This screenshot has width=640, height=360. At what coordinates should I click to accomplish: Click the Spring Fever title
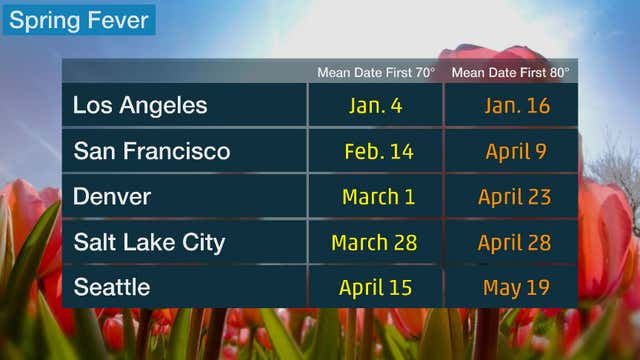click(79, 19)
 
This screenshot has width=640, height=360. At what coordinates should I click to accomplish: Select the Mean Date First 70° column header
click(375, 72)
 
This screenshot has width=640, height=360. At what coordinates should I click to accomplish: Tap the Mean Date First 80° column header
click(510, 72)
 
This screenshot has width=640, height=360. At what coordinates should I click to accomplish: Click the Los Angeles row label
click(140, 105)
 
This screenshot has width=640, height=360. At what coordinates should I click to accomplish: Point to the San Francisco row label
click(151, 151)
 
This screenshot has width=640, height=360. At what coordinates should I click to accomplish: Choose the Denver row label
click(112, 196)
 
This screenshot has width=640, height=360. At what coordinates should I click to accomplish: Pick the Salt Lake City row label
click(149, 242)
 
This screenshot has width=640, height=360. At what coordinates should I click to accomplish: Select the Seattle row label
click(112, 288)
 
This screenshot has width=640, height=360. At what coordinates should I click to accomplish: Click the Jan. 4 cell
click(376, 105)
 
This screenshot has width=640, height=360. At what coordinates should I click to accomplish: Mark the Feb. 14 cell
click(376, 151)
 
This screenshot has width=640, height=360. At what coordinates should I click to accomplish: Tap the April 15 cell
click(377, 289)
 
